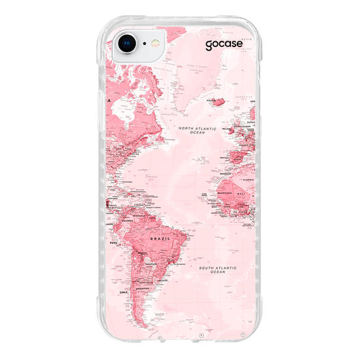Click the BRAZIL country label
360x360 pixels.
coord(160,240)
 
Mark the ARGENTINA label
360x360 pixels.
coord(143,287)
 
